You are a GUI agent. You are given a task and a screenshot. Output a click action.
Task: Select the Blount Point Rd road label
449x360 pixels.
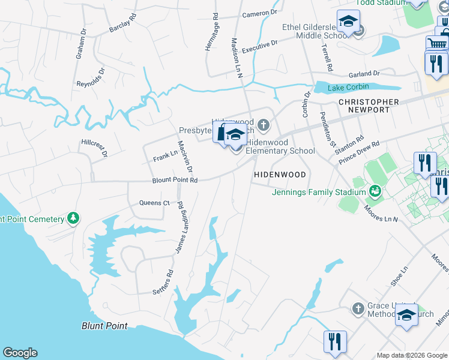(175, 179)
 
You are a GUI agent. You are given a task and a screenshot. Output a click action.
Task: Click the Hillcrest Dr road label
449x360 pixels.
(94, 148)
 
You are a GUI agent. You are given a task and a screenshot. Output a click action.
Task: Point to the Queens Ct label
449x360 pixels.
(154, 203)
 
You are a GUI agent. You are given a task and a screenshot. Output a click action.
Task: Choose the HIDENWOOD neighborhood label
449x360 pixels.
(280, 174)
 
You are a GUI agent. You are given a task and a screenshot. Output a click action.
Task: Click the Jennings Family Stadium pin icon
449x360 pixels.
(376, 191)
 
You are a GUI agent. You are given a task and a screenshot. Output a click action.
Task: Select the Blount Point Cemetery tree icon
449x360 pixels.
(73, 218)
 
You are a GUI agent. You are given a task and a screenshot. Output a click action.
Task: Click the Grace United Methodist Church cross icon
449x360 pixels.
(358, 309)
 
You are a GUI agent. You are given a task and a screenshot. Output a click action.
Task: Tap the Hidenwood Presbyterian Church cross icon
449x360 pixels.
(264, 125)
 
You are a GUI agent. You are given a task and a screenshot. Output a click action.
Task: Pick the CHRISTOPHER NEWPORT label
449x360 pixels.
(369, 106)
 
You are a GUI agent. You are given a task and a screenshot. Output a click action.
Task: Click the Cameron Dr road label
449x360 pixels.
(259, 13)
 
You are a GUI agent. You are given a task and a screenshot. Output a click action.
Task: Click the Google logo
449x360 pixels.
(20, 353)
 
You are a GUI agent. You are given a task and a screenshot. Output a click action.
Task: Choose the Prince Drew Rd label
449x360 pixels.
(360, 152)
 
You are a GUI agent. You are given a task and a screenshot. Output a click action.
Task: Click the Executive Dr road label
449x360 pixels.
(260, 45)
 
